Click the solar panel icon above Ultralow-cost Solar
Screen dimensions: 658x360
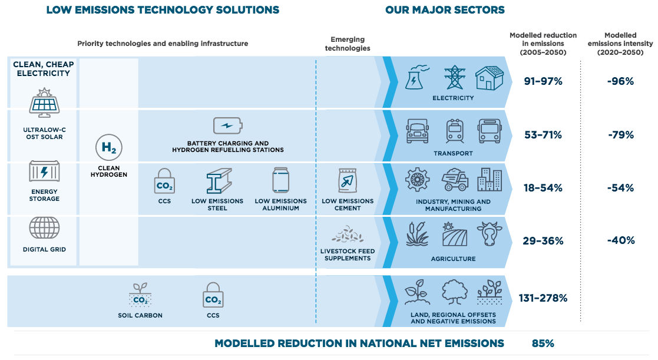44,103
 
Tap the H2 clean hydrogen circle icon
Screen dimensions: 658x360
109,147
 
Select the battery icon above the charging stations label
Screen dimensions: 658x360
228,125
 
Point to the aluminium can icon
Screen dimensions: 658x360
281,180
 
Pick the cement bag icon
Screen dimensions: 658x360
348,181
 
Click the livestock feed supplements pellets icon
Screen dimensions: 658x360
348,234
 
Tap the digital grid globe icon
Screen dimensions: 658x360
44,228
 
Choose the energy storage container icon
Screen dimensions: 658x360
44,171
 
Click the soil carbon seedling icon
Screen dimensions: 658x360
140,295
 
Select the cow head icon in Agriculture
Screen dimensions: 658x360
490,234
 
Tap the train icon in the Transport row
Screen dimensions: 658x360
454,131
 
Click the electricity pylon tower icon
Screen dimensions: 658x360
455,77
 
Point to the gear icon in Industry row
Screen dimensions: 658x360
417,179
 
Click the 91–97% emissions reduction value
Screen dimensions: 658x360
543,81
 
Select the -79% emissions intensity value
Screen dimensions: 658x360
621,135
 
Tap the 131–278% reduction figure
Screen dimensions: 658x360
543,298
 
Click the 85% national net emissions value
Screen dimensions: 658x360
543,344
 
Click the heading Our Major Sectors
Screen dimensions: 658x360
445,10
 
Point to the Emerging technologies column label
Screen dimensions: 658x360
348,44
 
